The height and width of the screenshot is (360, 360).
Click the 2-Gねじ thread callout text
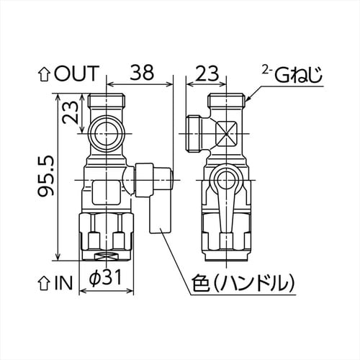(x=290, y=73)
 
